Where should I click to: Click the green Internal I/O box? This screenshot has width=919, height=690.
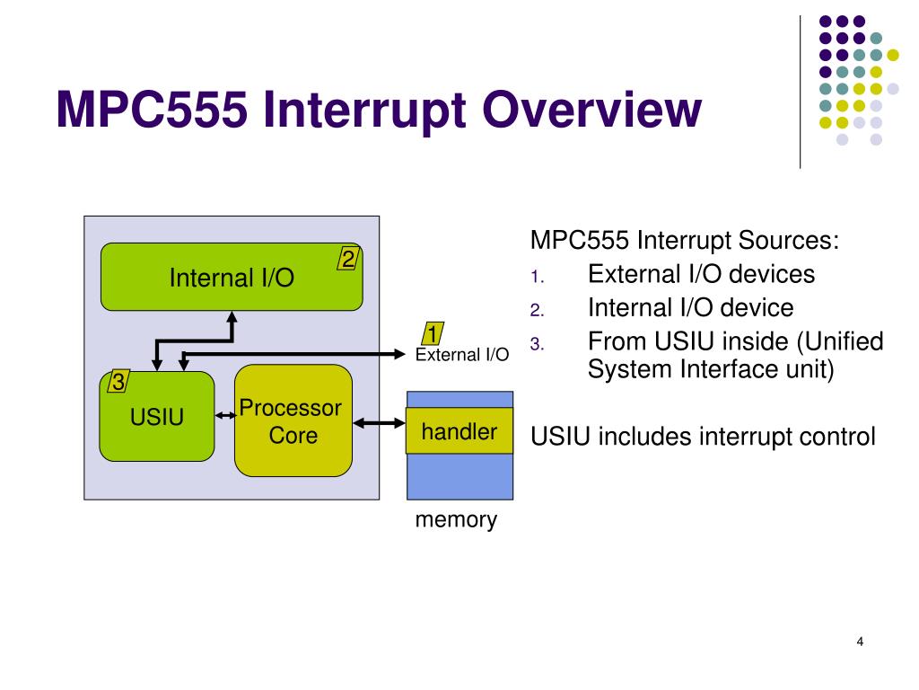232,277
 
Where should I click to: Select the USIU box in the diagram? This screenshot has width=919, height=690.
157,416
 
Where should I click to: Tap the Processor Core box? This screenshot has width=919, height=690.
293,420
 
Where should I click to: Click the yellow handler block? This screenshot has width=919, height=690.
459,430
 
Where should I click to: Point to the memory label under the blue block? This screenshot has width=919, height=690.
456,519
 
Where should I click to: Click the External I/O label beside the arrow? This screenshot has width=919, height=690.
462,354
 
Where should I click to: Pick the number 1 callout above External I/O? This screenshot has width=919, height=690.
433,333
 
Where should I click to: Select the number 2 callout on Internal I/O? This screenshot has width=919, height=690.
348,259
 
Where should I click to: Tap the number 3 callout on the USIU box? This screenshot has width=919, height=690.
118,381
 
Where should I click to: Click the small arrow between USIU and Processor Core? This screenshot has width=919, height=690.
225,416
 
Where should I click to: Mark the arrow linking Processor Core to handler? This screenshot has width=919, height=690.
380,423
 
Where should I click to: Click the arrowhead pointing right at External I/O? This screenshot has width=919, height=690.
399,354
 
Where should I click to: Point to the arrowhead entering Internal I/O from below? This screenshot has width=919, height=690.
232,317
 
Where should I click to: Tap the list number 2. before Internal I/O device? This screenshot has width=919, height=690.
538,310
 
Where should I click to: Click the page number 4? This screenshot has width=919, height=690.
860,641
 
